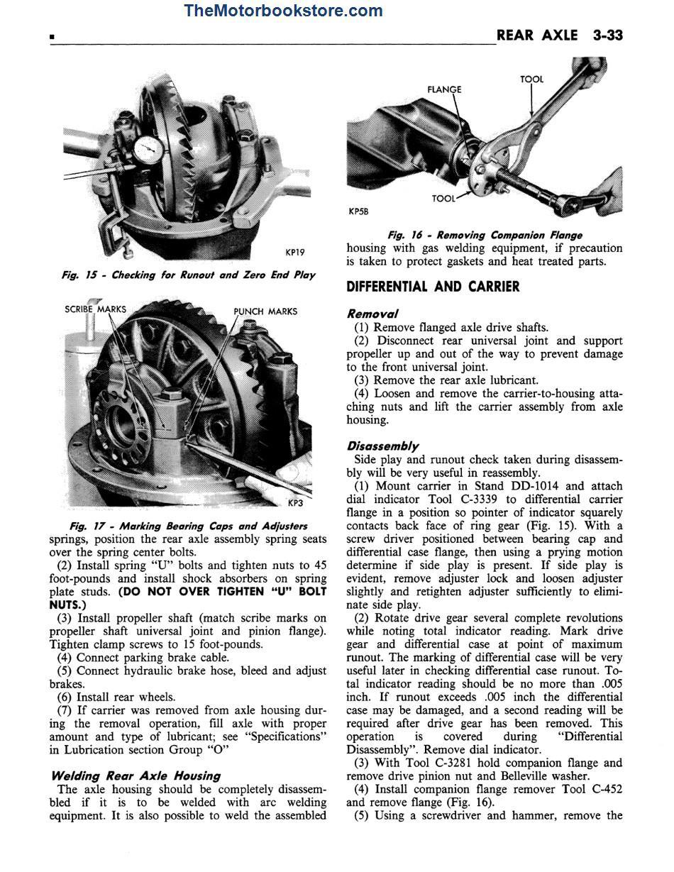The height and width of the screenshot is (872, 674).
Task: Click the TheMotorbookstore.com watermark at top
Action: (283, 11)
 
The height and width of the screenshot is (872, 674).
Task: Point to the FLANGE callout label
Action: (444, 89)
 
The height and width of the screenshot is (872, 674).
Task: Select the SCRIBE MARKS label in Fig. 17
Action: (95, 309)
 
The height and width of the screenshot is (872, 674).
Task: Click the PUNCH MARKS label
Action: (265, 311)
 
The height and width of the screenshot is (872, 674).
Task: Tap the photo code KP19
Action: (295, 252)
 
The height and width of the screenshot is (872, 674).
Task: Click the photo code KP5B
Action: (359, 211)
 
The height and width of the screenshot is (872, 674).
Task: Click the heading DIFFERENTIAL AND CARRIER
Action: (433, 287)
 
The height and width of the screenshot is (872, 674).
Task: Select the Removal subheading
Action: (372, 314)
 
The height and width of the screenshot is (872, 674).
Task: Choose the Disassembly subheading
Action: (382, 446)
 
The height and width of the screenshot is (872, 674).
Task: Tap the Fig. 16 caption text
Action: (485, 235)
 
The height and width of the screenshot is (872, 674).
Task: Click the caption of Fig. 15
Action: (188, 275)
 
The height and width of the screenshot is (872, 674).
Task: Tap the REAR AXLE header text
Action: (537, 35)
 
